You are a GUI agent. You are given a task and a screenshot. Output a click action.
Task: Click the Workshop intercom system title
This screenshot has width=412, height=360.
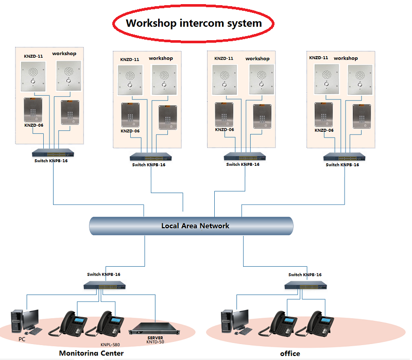(194, 23)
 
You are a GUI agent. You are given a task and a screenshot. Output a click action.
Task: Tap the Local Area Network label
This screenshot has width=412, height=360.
(195, 226)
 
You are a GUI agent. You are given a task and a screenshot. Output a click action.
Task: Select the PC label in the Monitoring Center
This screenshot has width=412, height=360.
(22, 339)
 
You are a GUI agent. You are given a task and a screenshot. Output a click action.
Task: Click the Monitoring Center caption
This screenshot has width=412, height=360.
(91, 353)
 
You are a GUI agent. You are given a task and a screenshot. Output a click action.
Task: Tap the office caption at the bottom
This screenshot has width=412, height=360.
(290, 354)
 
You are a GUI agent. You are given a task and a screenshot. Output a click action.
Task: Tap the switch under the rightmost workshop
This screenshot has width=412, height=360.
(344, 157)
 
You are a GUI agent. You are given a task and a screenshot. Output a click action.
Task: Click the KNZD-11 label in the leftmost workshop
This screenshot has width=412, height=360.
(33, 55)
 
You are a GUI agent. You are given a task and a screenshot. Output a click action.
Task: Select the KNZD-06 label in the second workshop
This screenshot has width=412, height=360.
(130, 131)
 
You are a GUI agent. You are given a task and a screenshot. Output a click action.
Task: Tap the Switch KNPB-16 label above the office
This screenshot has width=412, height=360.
(306, 275)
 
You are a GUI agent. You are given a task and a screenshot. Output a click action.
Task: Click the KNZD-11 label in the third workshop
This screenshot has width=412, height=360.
(224, 59)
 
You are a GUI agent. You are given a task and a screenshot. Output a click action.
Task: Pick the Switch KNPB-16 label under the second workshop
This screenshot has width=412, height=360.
(149, 165)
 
